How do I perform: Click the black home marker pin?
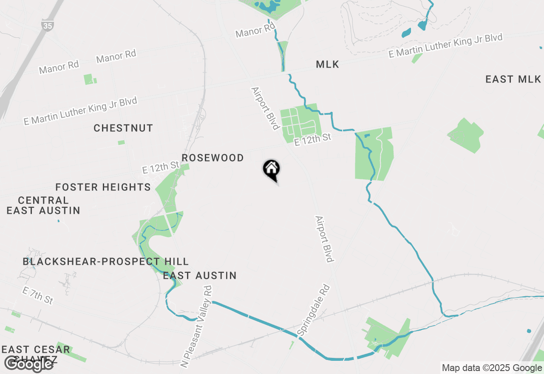pos(271,169)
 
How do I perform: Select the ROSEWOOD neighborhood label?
pos(212,158)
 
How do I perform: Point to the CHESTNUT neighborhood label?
pos(123,128)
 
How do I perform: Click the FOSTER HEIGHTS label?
pos(103,187)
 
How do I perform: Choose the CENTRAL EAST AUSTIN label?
pos(43,205)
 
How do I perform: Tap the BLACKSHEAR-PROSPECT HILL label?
pos(105,261)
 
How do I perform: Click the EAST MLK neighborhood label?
pos(513,79)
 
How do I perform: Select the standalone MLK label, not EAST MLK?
pos(328,65)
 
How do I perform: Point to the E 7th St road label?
pos(38,295)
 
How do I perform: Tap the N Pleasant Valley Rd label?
pos(196,326)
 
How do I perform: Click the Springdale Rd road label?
pos(314,311)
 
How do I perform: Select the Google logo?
pos(28,364)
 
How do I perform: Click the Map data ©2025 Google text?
pos(491,368)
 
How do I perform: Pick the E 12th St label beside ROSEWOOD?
pos(161,167)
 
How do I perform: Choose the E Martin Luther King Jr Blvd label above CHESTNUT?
pos(81,111)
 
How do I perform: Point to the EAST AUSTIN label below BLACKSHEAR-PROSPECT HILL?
pos(200,275)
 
